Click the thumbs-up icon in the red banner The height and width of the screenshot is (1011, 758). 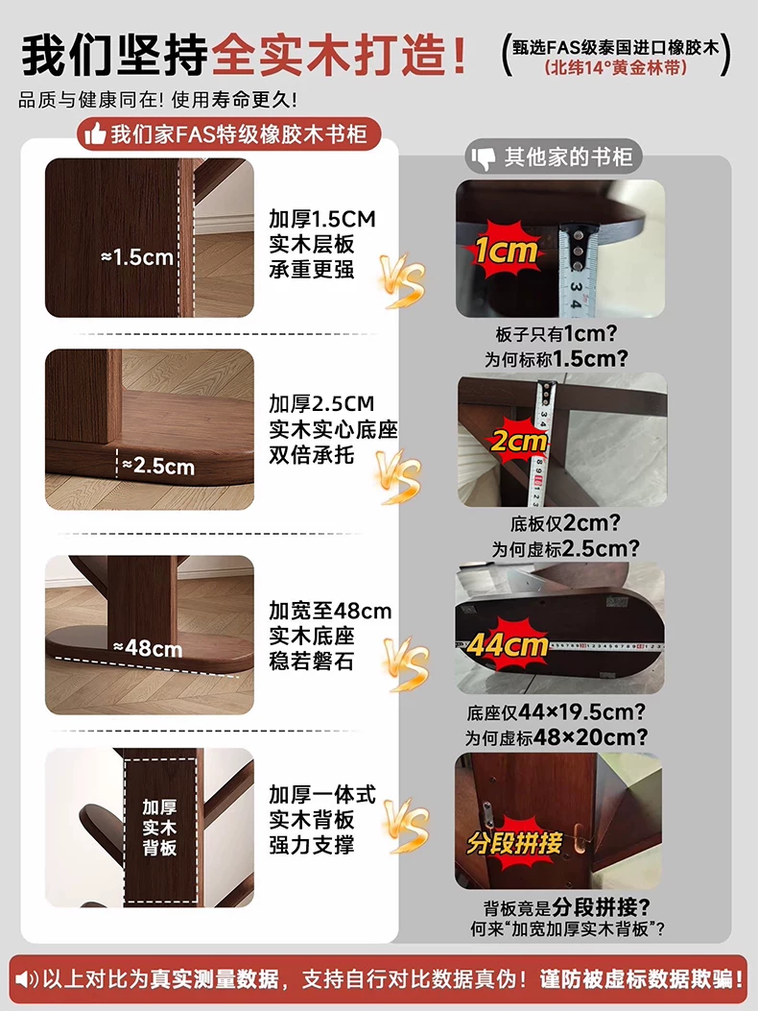[95, 134]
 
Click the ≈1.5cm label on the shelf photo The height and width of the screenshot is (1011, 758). [137, 258]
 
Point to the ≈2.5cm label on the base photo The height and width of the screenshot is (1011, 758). [158, 467]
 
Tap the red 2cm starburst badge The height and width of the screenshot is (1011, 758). [518, 442]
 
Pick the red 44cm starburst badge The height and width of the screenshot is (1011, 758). [508, 645]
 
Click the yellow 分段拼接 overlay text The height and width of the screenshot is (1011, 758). [514, 843]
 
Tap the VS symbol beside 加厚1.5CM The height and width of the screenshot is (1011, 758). [402, 280]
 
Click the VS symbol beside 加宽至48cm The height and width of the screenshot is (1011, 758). [405, 664]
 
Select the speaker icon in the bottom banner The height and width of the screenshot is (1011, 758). [27, 980]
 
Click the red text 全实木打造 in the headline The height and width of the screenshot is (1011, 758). [339, 57]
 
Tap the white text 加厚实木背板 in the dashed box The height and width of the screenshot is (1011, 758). [160, 828]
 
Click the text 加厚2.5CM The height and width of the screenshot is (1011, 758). [321, 404]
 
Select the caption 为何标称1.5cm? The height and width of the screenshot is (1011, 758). [557, 358]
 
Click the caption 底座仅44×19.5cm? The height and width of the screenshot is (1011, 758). [556, 711]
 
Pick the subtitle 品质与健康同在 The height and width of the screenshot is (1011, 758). [96, 100]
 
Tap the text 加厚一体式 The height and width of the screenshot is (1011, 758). [322, 794]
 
